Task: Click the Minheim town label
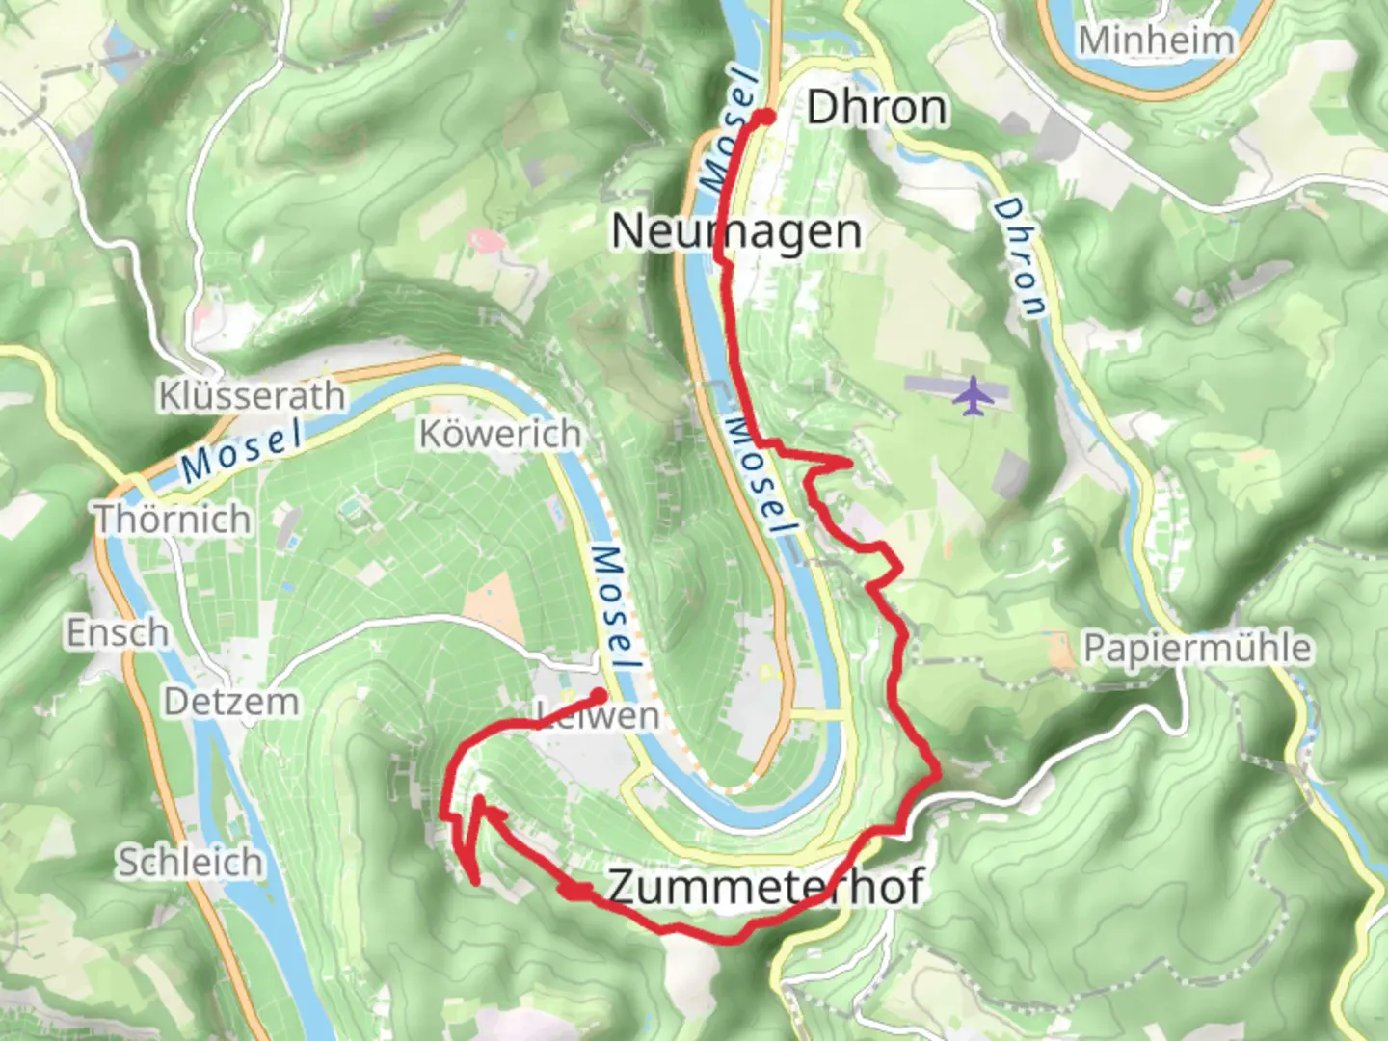(x=1156, y=40)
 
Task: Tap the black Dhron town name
(x=876, y=107)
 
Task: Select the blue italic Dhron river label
(x=1021, y=257)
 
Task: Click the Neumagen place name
(x=736, y=232)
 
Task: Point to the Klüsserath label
(x=252, y=395)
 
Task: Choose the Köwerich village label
(x=499, y=434)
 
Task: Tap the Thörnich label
(x=173, y=519)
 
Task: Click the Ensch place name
(x=118, y=633)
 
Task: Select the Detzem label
(x=230, y=701)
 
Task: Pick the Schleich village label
(x=190, y=862)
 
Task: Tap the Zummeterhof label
(x=766, y=887)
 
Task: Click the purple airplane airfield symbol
(x=974, y=395)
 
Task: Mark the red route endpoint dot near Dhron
(x=764, y=117)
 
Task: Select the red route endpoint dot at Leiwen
(x=599, y=695)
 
